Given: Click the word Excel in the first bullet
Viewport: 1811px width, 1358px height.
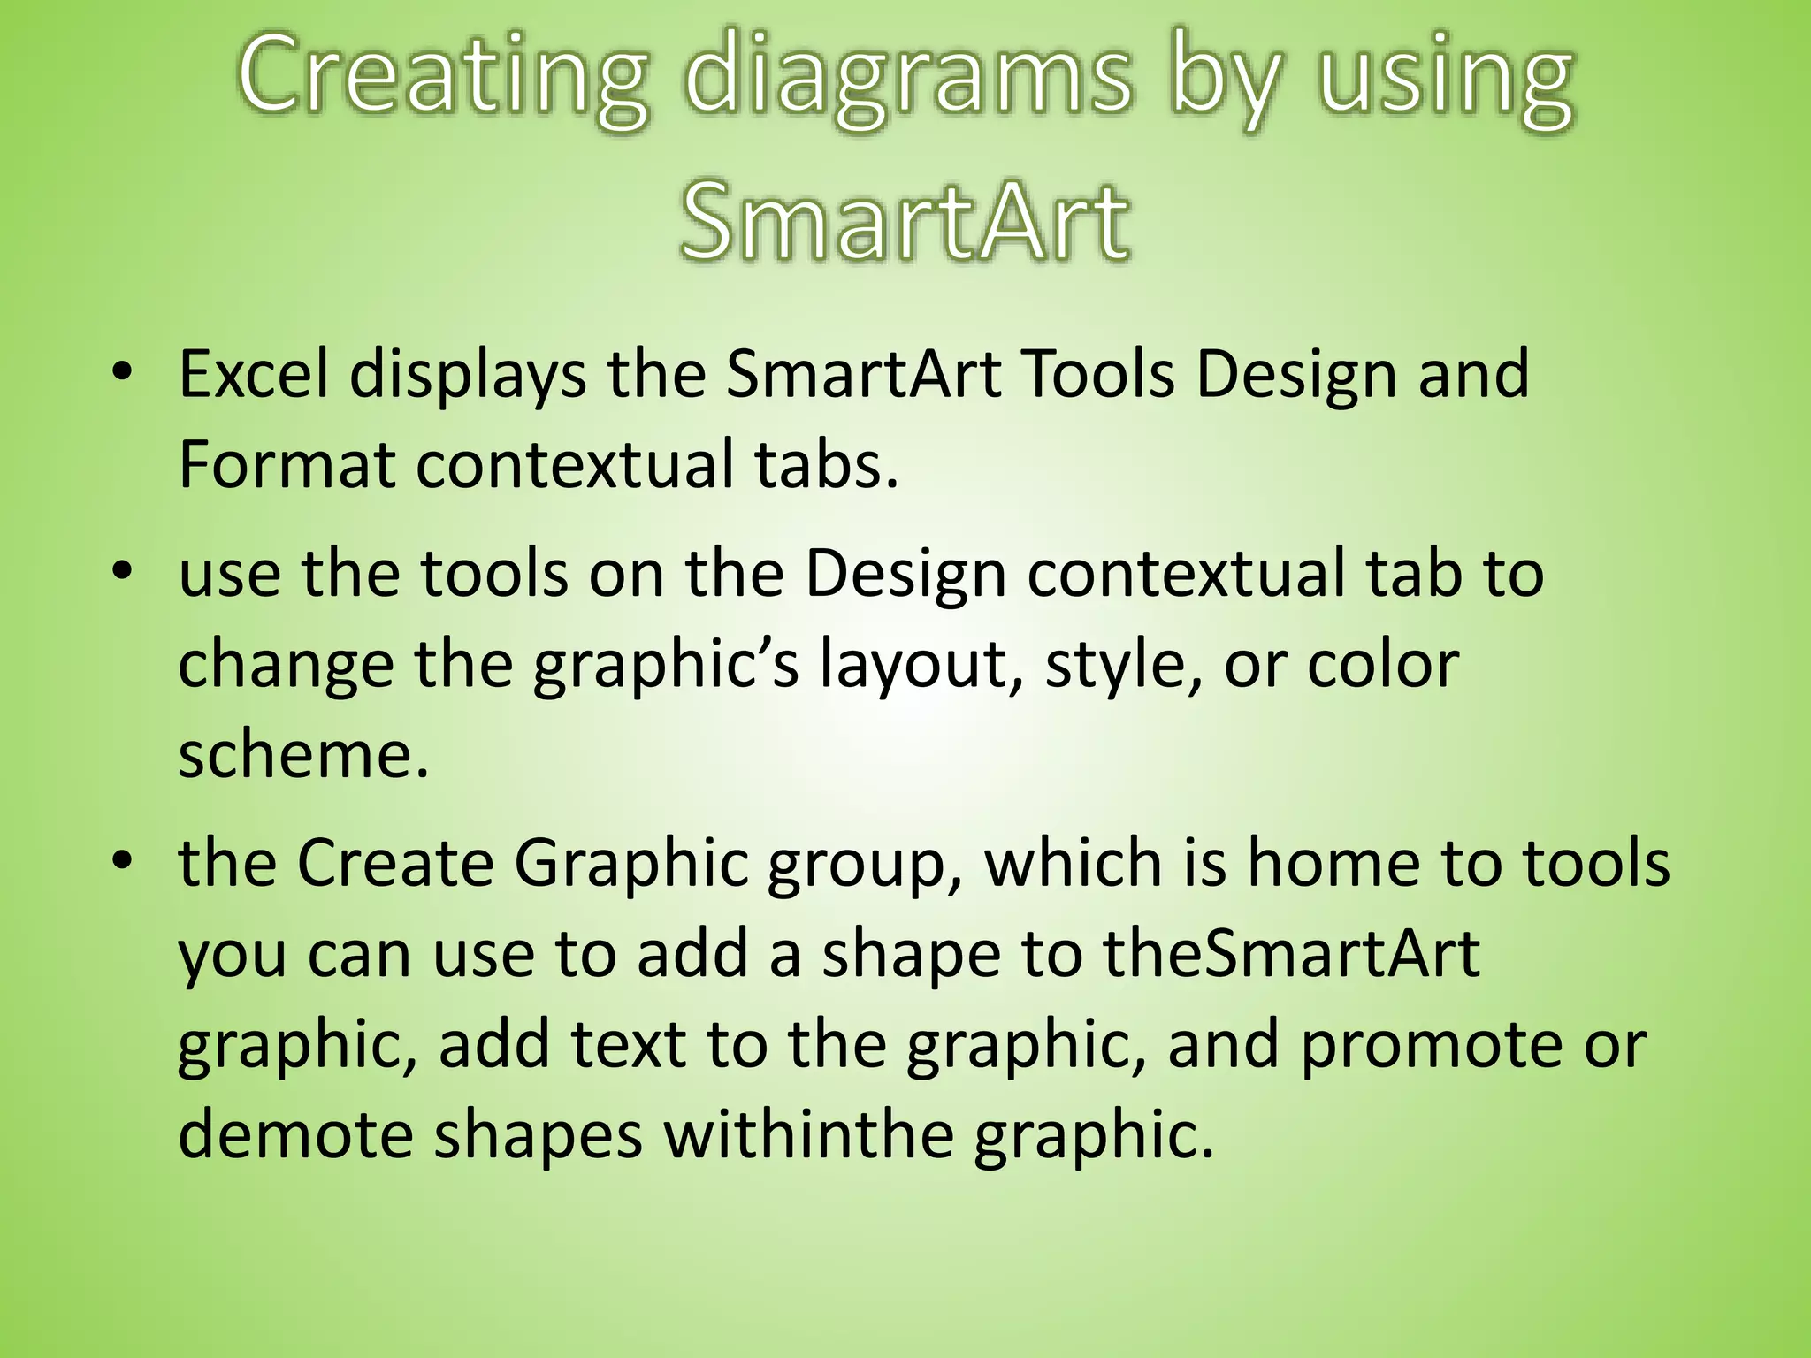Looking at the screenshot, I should tap(253, 374).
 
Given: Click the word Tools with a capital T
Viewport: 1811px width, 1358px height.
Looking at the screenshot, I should tap(1096, 374).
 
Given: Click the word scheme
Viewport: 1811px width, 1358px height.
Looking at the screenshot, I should tap(303, 756).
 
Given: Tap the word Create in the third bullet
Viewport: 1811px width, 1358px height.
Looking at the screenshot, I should tap(394, 863).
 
